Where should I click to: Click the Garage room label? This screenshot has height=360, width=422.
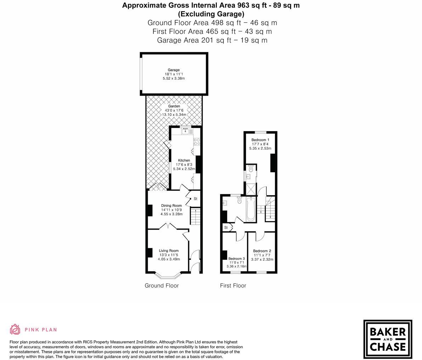coord(174,70)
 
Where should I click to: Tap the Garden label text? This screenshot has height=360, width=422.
coord(174,106)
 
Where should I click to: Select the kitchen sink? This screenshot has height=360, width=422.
coord(185,131)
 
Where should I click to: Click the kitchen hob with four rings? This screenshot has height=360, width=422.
coord(197,142)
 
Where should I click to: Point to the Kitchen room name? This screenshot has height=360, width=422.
coord(184,161)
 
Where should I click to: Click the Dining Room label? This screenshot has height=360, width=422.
coord(171,206)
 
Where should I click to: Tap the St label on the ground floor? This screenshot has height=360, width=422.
coord(195,199)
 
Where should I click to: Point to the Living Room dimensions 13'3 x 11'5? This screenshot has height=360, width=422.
coord(169,255)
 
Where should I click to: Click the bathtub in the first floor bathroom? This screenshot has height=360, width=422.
coord(251,209)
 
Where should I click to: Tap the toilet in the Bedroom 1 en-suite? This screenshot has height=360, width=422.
coord(251,169)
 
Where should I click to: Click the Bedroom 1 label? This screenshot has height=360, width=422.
coord(260,140)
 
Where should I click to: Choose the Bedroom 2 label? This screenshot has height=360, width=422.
coord(262,251)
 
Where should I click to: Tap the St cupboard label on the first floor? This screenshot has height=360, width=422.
coord(226,227)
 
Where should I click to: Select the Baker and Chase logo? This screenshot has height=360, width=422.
coord(388,339)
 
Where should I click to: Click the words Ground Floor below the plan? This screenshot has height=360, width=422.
coord(162,286)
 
